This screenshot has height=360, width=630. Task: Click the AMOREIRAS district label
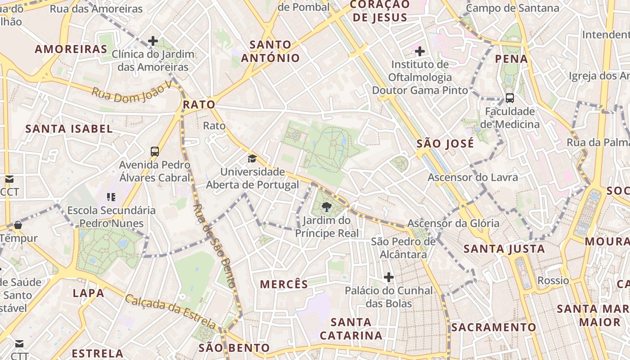(x=71, y=49)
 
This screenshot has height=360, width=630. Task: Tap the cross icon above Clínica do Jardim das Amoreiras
(x=153, y=41)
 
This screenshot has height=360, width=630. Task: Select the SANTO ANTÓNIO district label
(x=270, y=51)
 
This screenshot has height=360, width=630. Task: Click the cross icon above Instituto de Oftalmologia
(x=420, y=51)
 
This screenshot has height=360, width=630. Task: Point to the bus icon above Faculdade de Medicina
(x=510, y=98)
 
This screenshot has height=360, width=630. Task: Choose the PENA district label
(x=511, y=58)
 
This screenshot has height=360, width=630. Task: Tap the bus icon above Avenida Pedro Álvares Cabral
(x=155, y=151)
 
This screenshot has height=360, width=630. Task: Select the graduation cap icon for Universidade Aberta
(x=252, y=158)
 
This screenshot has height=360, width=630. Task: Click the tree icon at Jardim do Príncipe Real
(x=327, y=207)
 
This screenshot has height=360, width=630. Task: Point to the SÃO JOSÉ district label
(x=445, y=144)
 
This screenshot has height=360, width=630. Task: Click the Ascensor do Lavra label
(x=472, y=177)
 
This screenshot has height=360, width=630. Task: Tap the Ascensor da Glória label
(x=453, y=223)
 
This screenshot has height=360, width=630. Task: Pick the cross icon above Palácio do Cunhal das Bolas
(x=389, y=277)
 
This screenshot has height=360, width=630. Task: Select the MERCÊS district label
(x=284, y=284)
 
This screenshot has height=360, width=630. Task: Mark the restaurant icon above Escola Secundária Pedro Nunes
(x=111, y=197)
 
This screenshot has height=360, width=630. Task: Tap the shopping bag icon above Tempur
(x=18, y=225)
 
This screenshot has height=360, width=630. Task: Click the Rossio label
(x=553, y=280)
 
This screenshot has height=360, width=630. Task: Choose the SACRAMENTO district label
(x=494, y=327)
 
